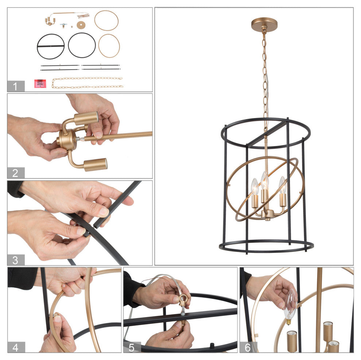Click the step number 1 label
click(15, 86)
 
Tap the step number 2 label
click(15, 173)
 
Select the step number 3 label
click(15, 260)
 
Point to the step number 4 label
click(15, 348)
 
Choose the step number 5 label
click(132, 348)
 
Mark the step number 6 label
click(248, 348)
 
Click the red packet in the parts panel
click(40, 83)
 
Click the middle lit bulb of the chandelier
click(265, 181)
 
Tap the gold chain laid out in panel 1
click(88, 83)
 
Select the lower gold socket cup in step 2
click(95, 165)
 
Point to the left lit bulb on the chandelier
click(255, 186)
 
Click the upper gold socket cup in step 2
click(86, 118)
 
